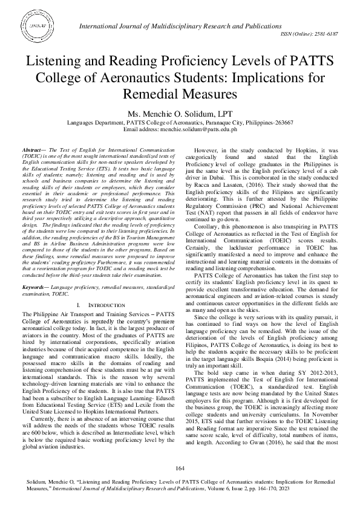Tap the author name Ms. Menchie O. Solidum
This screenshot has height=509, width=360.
[x=180, y=113]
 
